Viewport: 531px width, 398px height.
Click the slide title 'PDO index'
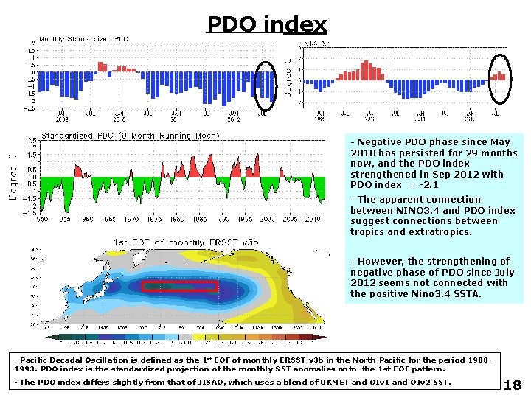266,25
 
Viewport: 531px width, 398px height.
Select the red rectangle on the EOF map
179,286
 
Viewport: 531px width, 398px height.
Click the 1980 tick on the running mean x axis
187,219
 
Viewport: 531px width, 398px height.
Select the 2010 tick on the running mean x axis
312,219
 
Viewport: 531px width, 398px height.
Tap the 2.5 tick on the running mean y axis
32,140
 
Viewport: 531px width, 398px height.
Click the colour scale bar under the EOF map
184,337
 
